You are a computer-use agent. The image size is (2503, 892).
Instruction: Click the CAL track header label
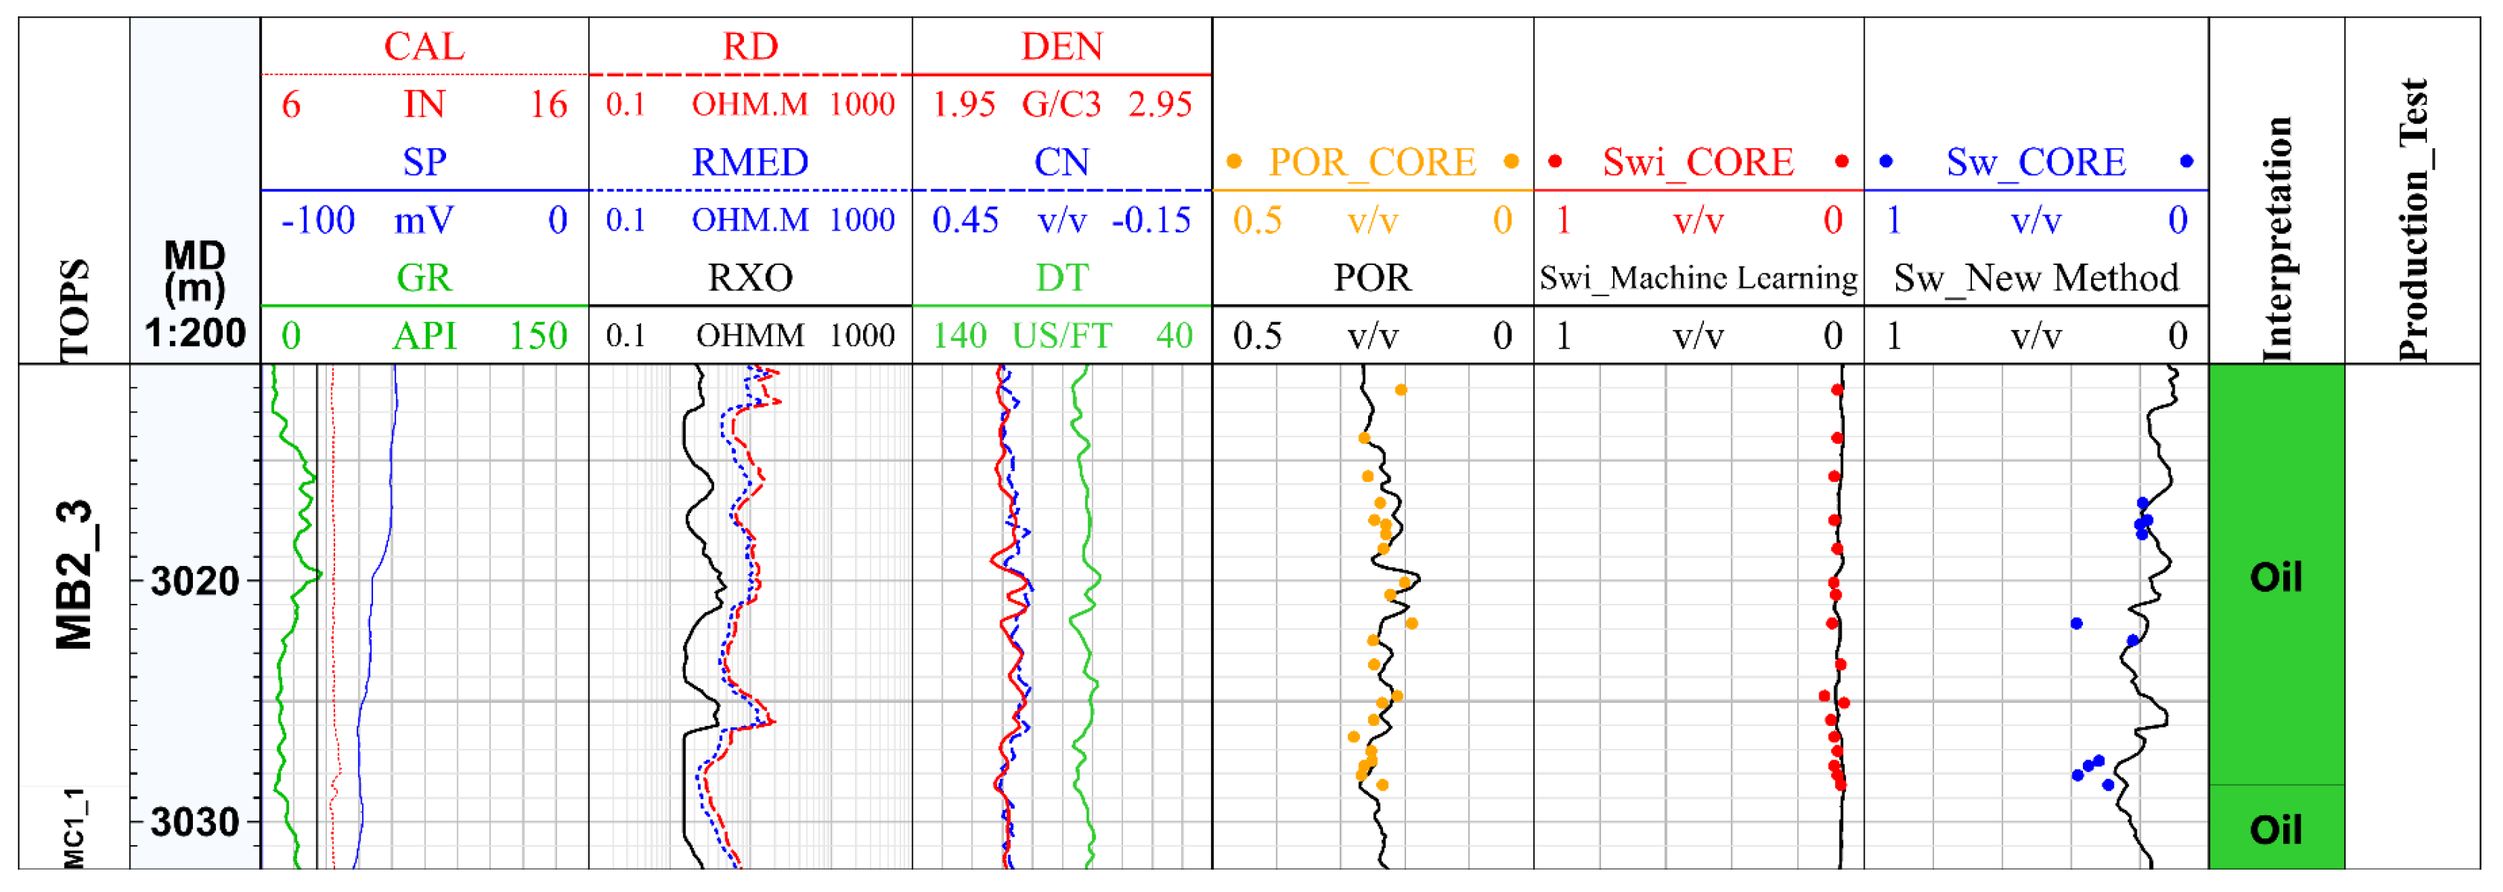[424, 47]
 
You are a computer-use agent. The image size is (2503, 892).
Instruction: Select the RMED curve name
[749, 162]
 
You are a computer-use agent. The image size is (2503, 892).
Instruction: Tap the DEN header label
[1061, 47]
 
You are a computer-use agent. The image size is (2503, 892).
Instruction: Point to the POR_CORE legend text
[1372, 162]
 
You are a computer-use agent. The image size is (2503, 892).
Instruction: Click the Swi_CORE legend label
[1697, 162]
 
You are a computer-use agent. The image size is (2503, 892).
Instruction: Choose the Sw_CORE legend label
[2035, 162]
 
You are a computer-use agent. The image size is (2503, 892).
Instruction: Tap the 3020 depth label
[195, 581]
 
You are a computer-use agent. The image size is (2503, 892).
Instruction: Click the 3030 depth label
[195, 822]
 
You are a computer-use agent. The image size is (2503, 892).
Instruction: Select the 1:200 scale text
[195, 334]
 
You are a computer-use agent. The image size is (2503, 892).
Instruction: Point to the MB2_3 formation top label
[74, 576]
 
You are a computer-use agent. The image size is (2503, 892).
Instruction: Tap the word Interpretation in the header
[2276, 238]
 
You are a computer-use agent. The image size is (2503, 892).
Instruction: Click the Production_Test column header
[2414, 219]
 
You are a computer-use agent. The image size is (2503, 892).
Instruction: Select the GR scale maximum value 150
[538, 337]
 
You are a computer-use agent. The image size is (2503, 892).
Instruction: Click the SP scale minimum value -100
[318, 220]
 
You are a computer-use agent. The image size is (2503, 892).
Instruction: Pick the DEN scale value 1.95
[964, 105]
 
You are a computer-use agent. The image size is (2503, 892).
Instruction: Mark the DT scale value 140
[959, 337]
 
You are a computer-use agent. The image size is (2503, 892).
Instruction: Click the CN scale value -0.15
[1151, 220]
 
